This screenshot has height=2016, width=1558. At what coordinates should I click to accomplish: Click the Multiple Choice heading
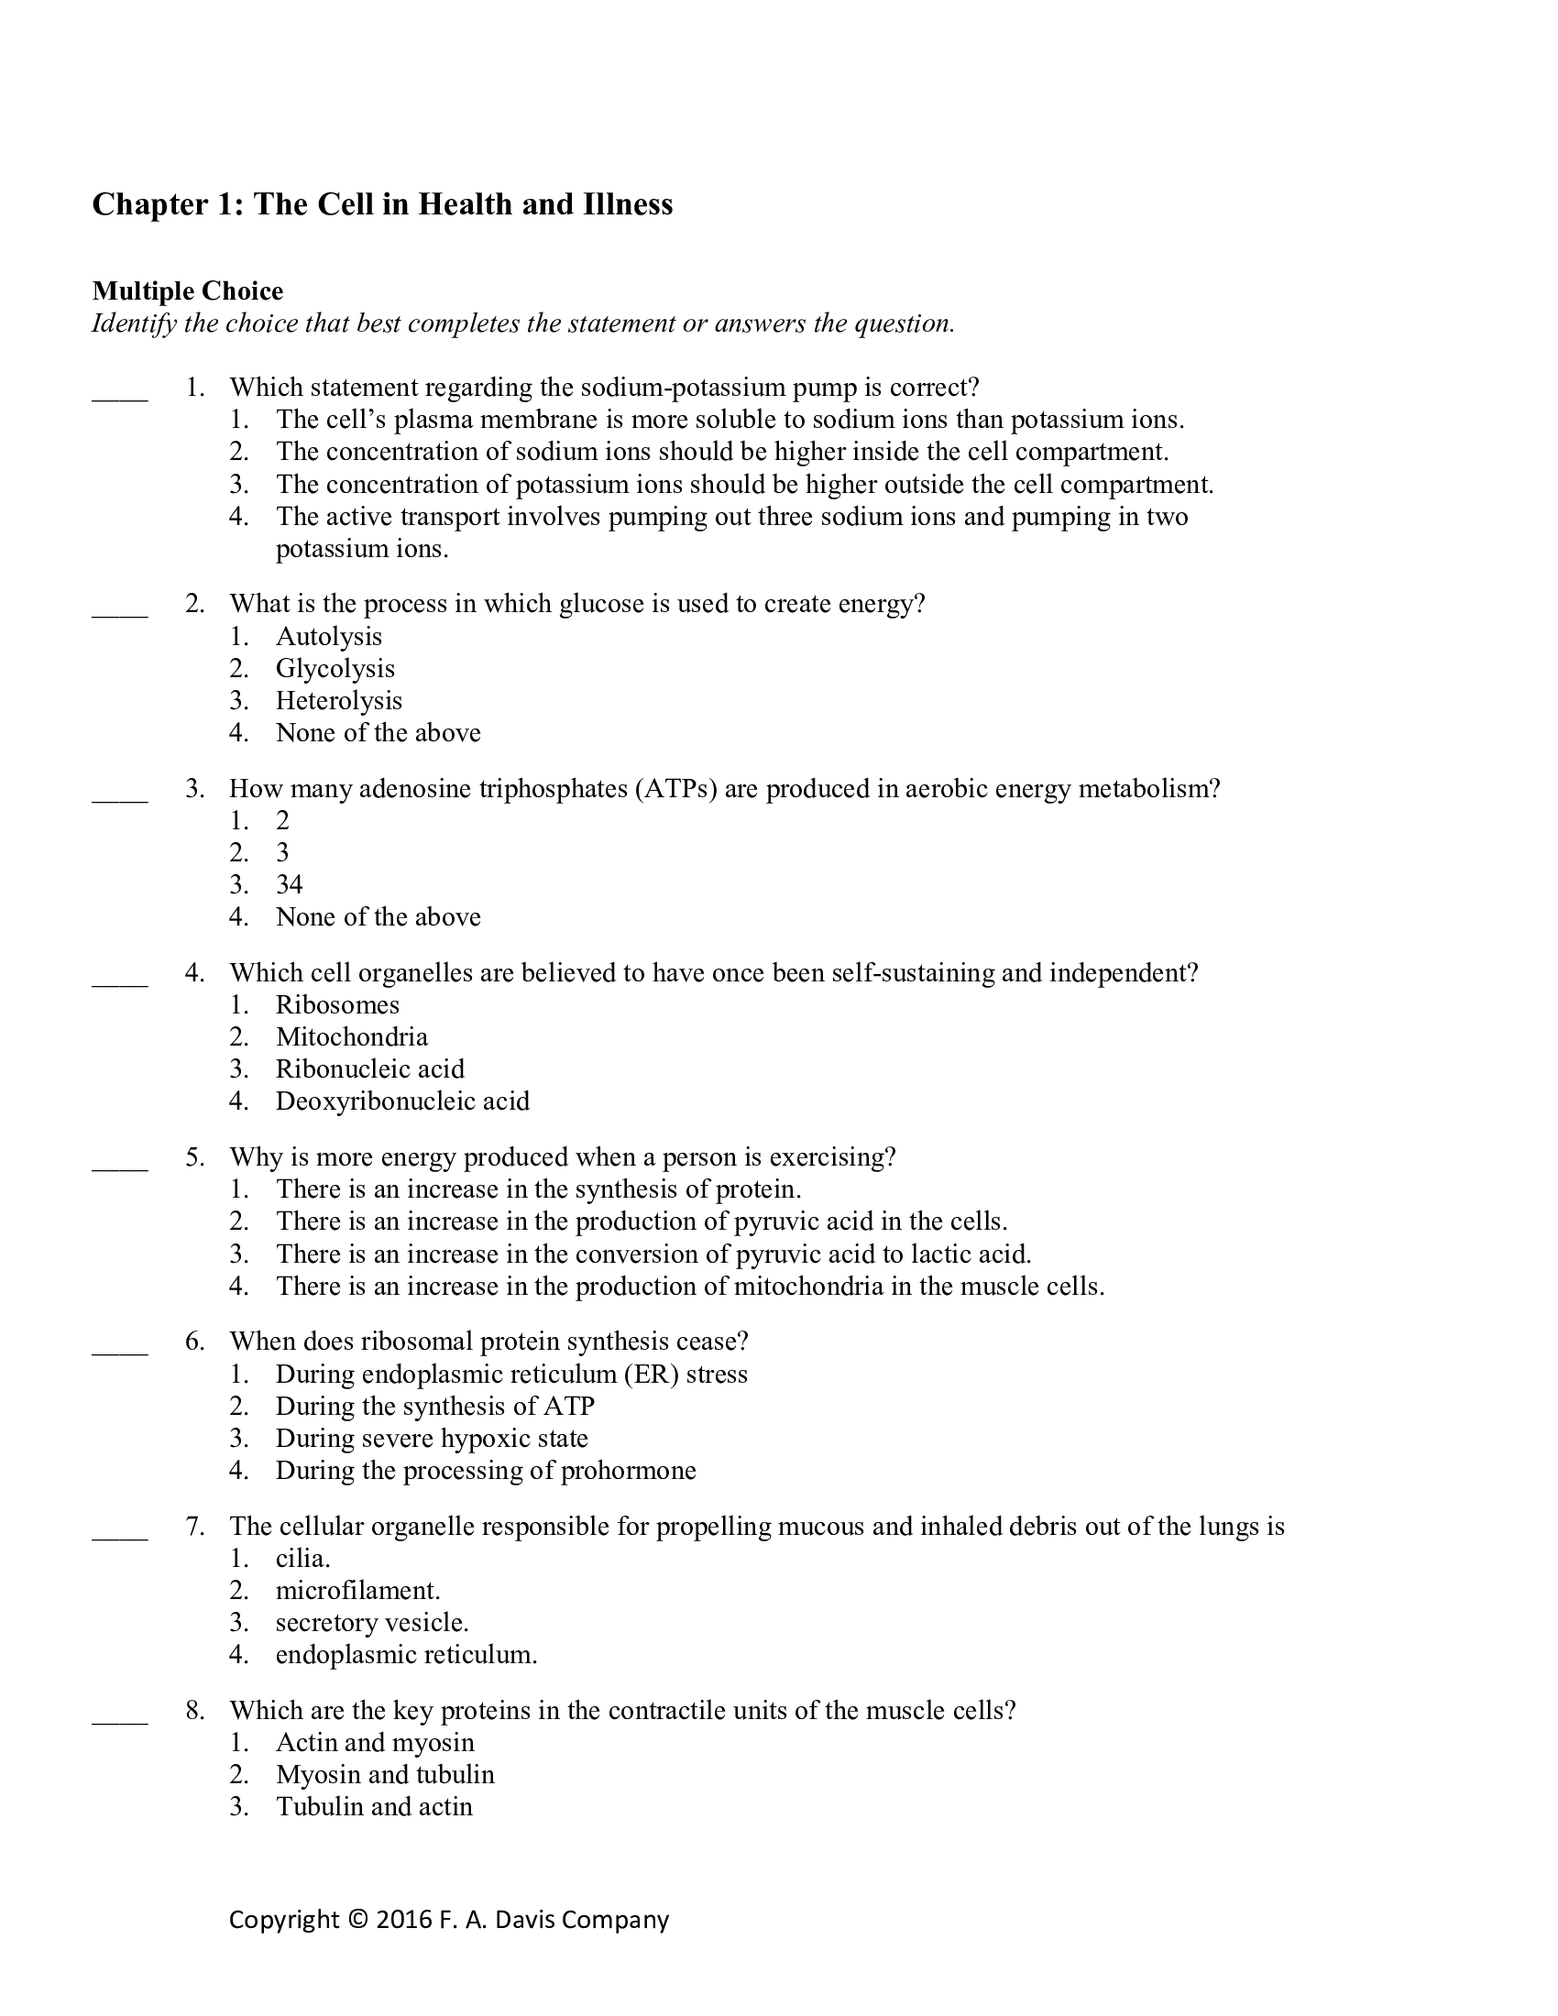pyautogui.click(x=187, y=290)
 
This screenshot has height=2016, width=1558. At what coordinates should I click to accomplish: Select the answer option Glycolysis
pyautogui.click(x=335, y=668)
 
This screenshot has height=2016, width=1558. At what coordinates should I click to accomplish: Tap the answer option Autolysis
pyautogui.click(x=329, y=636)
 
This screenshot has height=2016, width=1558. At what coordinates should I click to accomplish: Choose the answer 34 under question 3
pyautogui.click(x=289, y=884)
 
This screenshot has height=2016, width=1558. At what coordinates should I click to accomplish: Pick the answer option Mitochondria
pyautogui.click(x=352, y=1036)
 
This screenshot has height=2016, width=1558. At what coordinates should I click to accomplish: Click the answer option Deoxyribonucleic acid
pyautogui.click(x=402, y=1101)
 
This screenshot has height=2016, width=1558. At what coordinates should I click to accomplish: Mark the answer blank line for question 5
pyautogui.click(x=120, y=1167)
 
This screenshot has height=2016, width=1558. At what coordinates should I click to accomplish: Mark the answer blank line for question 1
pyautogui.click(x=120, y=398)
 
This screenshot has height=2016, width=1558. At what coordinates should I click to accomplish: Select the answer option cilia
pyautogui.click(x=302, y=1558)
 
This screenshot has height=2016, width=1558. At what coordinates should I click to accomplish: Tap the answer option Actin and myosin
pyautogui.click(x=375, y=1743)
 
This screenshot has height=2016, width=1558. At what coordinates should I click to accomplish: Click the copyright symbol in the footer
pyautogui.click(x=358, y=1919)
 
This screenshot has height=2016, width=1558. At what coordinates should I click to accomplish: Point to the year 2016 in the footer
pyautogui.click(x=404, y=1919)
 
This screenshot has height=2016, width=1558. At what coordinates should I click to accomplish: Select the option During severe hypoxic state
pyautogui.click(x=431, y=1438)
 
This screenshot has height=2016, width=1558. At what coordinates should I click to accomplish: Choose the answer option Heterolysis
pyautogui.click(x=339, y=701)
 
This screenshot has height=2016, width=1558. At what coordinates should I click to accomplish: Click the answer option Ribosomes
pyautogui.click(x=337, y=1004)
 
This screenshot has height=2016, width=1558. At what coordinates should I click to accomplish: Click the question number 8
pyautogui.click(x=194, y=1711)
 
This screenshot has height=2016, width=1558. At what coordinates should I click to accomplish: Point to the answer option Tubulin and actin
pyautogui.click(x=374, y=1806)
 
